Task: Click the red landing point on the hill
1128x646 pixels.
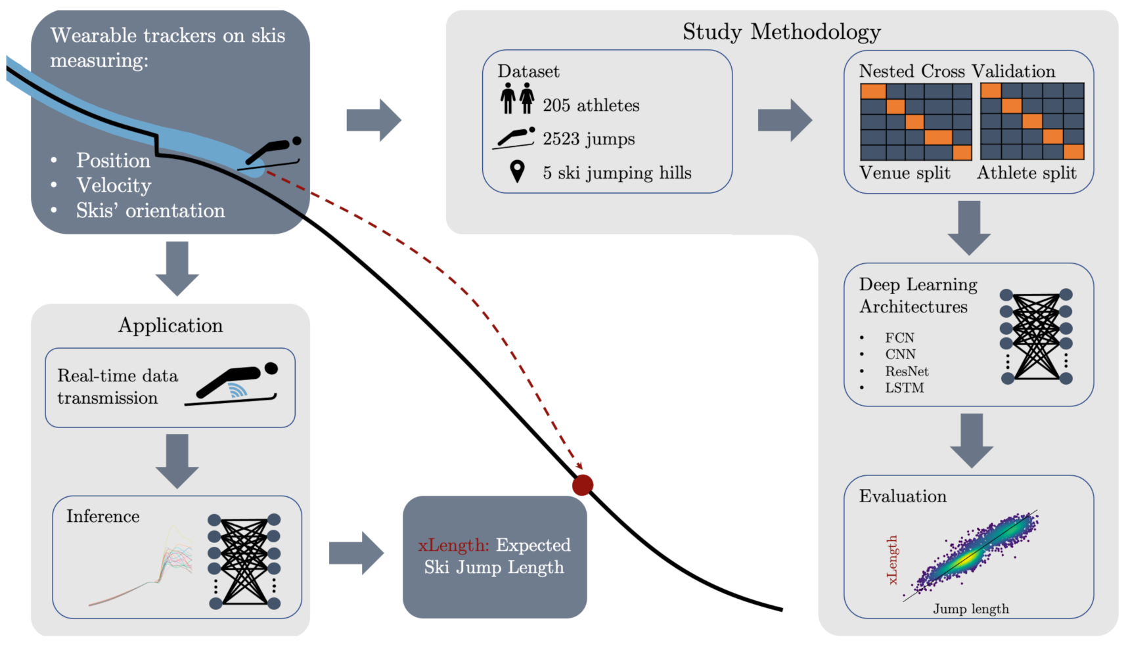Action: point(583,485)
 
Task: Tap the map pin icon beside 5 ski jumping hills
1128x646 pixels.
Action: point(518,171)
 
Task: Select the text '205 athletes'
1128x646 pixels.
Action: point(591,105)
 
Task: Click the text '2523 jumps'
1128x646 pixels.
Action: point(589,139)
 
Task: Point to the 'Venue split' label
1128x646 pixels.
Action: point(905,173)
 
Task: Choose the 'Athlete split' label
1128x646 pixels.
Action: point(1026,173)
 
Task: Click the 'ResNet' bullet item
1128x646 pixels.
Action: point(907,371)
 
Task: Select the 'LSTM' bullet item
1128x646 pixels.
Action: point(904,387)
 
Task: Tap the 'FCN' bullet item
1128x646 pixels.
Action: point(899,337)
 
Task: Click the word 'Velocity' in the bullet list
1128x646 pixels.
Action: point(114,185)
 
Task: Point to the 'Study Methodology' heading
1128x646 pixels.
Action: point(781,32)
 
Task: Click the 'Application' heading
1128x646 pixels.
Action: point(170,325)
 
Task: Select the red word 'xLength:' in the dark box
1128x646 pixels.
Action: point(453,545)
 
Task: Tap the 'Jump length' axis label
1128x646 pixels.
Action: point(970,609)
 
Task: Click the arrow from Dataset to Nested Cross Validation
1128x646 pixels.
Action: point(784,120)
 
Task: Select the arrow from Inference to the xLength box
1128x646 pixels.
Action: point(355,553)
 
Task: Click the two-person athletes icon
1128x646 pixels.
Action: point(517,98)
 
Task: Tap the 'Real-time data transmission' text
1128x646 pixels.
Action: point(117,387)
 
